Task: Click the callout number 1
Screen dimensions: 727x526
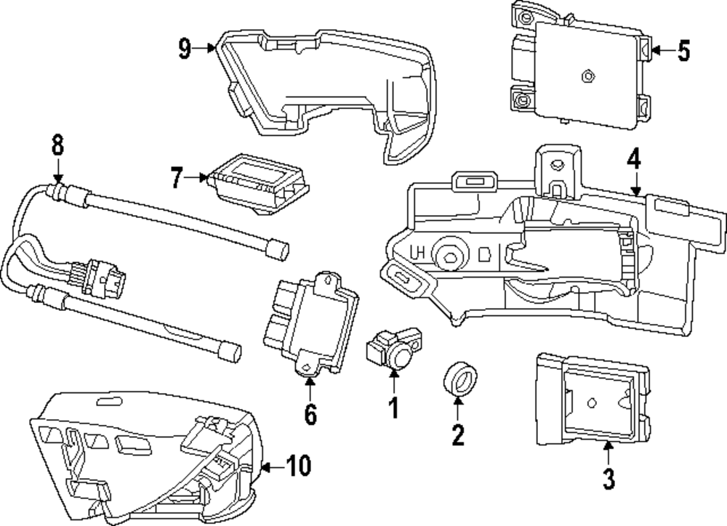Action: (x=393, y=408)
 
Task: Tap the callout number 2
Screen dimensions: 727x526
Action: (x=457, y=434)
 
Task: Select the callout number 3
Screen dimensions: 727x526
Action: (x=608, y=478)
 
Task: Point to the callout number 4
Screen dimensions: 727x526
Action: (x=634, y=158)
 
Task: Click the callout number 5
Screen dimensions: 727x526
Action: (x=683, y=51)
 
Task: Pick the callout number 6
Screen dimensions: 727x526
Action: (x=310, y=414)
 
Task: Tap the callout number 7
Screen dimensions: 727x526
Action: (x=176, y=177)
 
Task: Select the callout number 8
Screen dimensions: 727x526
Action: (x=57, y=145)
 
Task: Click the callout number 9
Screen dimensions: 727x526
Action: (x=185, y=48)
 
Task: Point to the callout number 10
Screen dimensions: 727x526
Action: (x=298, y=465)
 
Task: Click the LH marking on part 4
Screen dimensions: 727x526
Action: (x=417, y=253)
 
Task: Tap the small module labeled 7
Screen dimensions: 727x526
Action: (x=259, y=185)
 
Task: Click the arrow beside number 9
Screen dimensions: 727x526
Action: (x=204, y=47)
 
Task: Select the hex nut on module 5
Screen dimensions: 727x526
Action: (x=588, y=76)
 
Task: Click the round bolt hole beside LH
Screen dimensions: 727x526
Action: (x=450, y=254)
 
